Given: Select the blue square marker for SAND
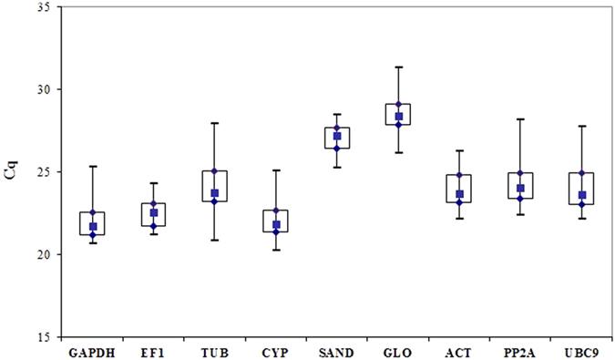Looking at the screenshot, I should click(337, 136).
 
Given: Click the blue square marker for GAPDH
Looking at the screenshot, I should click(92, 227).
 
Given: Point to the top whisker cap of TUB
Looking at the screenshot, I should click(214, 123).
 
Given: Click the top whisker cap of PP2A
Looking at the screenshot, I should click(520, 119).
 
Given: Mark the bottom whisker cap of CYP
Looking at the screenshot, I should click(275, 250).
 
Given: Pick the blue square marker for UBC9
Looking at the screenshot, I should click(581, 195).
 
